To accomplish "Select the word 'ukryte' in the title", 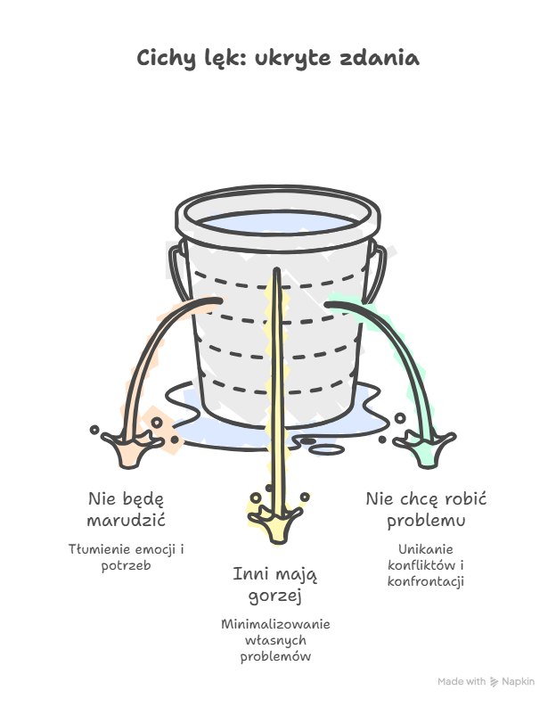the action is pos(293,59).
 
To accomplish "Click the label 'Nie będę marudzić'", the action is pos(127,509).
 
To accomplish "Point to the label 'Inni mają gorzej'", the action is pos(274,585).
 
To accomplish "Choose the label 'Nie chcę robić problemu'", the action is pos(426,509).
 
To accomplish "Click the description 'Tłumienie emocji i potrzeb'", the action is pos(127,557).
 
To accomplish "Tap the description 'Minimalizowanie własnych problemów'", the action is pos(275,640).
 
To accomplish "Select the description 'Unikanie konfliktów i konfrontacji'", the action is pos(426,565).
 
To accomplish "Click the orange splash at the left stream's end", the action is pos(130,448).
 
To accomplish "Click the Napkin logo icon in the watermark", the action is pos(495,682).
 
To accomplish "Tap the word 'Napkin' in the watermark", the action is pos(519,682).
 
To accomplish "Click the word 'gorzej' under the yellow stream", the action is pos(274,596).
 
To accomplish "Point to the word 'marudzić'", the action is pos(127,521).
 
